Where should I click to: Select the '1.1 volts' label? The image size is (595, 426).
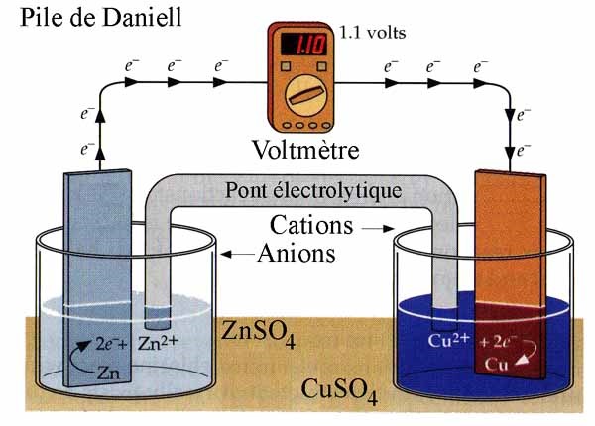point(373,32)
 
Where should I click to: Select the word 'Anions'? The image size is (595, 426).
point(297,254)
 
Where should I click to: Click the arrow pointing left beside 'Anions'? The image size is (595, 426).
point(237,255)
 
